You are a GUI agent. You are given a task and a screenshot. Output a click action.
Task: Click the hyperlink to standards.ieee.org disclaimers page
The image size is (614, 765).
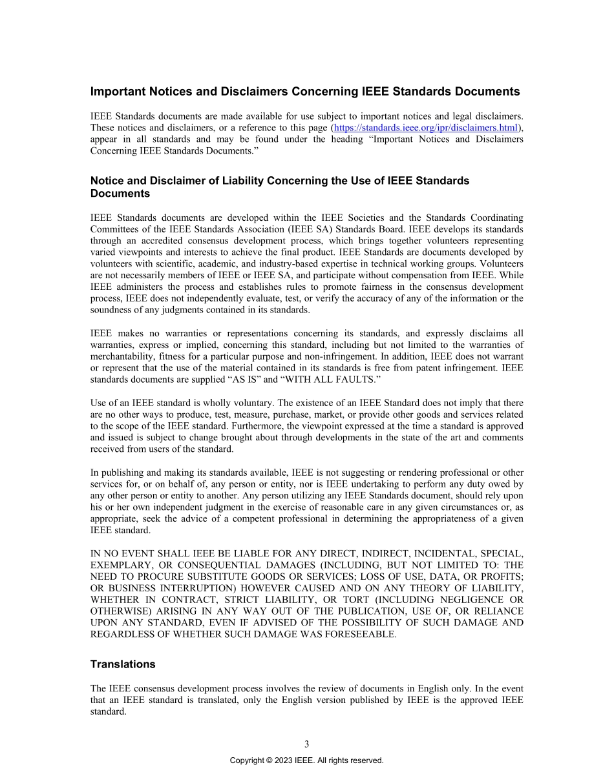click(x=426, y=128)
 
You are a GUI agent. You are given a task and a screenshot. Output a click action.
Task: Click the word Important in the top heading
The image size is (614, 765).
click(x=116, y=92)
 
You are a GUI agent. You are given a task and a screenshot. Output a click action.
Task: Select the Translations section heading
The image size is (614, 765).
click(x=123, y=664)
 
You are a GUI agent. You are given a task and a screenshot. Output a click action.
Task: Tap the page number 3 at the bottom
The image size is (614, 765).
click(x=306, y=744)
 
